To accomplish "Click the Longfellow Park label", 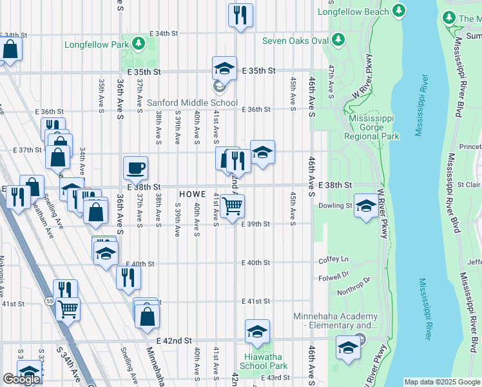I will pyautogui.click(x=97, y=45).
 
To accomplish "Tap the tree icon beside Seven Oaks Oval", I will pyautogui.click(x=338, y=41).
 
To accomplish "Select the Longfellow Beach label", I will pyautogui.click(x=354, y=12).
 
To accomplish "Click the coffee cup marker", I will pyautogui.click(x=135, y=168).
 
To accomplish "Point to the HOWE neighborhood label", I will pyautogui.click(x=192, y=193).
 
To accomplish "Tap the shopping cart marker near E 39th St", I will pyautogui.click(x=232, y=206).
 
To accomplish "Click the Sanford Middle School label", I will pyautogui.click(x=192, y=103).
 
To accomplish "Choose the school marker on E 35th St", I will pyautogui.click(x=224, y=68).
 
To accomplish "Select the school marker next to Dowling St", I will pyautogui.click(x=366, y=206).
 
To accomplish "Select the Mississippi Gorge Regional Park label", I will pyautogui.click(x=374, y=127).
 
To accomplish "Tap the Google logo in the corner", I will pyautogui.click(x=21, y=379).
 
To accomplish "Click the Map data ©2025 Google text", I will pyautogui.click(x=441, y=382).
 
